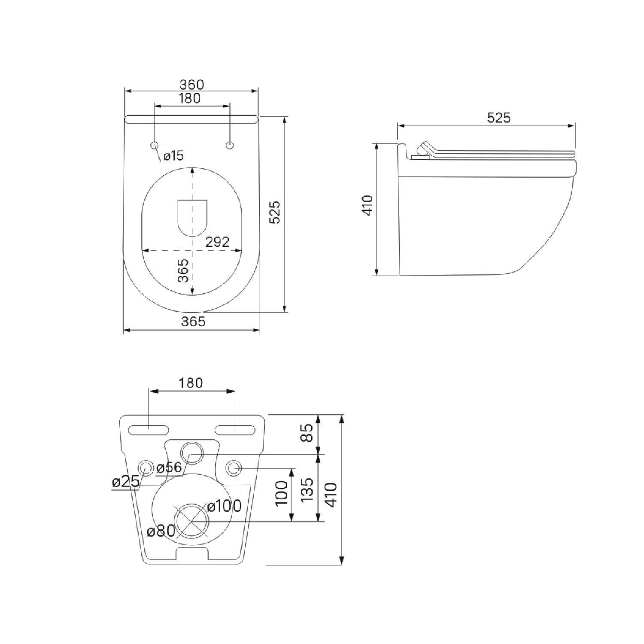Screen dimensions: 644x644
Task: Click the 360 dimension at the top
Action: point(191,85)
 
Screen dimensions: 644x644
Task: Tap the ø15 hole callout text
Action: point(173,155)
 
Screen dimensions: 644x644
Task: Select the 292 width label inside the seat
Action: point(217,242)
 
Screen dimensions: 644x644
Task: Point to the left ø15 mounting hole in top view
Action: point(155,146)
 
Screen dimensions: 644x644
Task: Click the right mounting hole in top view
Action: point(230,146)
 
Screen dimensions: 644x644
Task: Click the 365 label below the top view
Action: point(193,321)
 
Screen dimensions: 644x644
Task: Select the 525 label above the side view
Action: point(499,118)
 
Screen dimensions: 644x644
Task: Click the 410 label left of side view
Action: point(368,205)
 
